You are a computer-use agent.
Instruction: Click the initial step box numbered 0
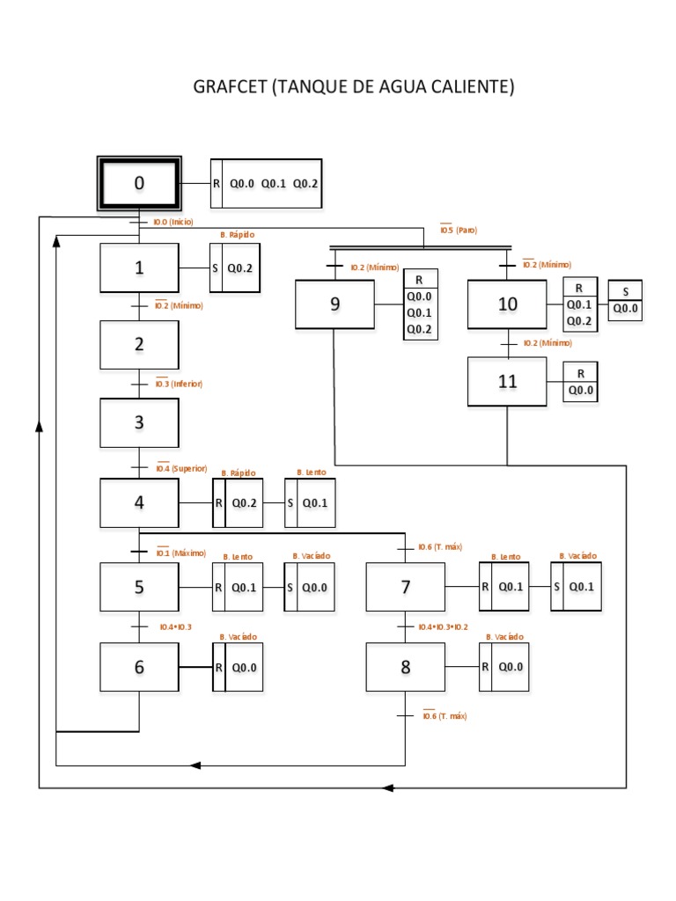(x=138, y=183)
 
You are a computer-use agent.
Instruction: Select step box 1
(x=139, y=268)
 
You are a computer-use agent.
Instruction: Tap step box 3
(x=139, y=422)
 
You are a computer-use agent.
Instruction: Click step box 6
(x=139, y=667)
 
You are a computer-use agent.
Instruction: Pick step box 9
(x=334, y=304)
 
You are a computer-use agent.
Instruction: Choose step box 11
(x=507, y=382)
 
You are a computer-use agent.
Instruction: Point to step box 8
(x=406, y=667)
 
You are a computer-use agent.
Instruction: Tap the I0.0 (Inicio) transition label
(x=173, y=222)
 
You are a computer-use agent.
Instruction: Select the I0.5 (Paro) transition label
(x=459, y=230)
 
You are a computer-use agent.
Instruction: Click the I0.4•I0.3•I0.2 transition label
(x=444, y=626)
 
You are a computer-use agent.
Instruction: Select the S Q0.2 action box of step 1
(x=234, y=268)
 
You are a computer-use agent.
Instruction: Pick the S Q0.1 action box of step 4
(x=310, y=503)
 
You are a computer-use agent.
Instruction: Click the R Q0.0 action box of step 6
(x=238, y=667)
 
